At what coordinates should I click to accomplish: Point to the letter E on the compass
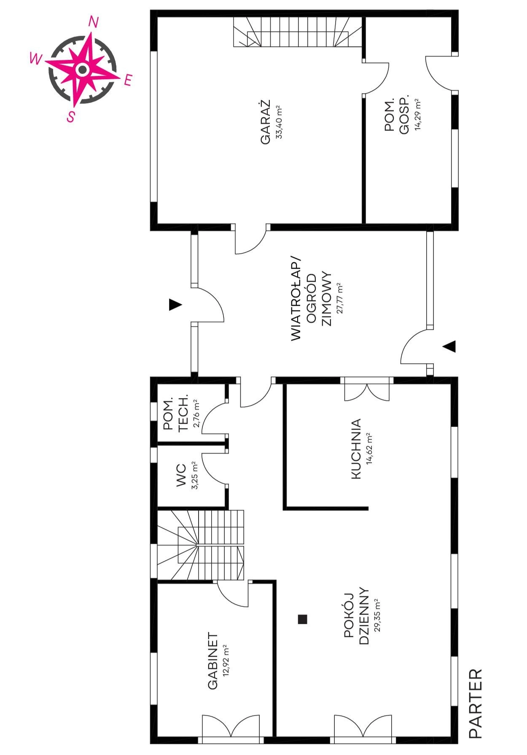(128, 80)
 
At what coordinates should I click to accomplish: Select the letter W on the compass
(36, 59)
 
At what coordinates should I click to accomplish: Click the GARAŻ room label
(265, 122)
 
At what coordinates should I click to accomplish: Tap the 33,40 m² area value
(279, 122)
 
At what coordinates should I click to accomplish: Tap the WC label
(181, 476)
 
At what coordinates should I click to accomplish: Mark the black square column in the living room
(302, 619)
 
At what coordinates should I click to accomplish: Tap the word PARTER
(475, 704)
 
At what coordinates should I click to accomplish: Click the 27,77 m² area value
(340, 298)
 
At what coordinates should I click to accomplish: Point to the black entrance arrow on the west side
(175, 305)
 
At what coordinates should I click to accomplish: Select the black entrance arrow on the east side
(449, 347)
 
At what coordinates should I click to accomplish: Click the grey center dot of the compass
(82, 69)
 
